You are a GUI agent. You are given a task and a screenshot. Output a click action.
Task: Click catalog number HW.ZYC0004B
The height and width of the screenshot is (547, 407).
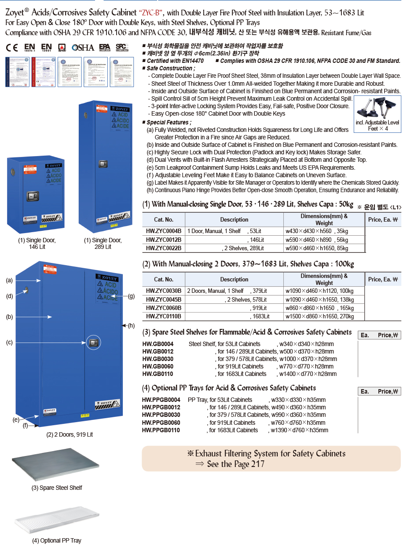(x=163, y=231)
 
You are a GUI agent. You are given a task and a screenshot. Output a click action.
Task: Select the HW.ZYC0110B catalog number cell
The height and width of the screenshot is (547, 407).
(x=163, y=316)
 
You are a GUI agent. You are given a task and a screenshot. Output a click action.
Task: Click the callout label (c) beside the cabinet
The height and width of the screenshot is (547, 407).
(x=9, y=342)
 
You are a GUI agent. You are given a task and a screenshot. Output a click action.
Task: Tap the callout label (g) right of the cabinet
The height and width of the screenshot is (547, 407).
(x=131, y=296)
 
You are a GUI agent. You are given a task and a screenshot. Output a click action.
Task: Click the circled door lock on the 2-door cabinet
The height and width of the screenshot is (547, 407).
(x=92, y=343)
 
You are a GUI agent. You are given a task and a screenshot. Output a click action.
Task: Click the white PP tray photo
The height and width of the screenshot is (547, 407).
(x=56, y=519)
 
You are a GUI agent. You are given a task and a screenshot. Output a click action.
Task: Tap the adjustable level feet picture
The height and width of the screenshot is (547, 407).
(x=378, y=108)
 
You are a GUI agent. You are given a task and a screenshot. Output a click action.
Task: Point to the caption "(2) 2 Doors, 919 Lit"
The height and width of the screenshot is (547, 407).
(x=70, y=434)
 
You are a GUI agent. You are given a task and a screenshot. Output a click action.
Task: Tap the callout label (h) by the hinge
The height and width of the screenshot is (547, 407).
(x=131, y=325)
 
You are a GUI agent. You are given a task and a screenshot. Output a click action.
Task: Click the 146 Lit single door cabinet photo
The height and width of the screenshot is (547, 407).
(x=36, y=193)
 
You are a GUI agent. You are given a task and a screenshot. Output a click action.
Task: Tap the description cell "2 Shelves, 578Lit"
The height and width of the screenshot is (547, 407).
(x=246, y=299)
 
